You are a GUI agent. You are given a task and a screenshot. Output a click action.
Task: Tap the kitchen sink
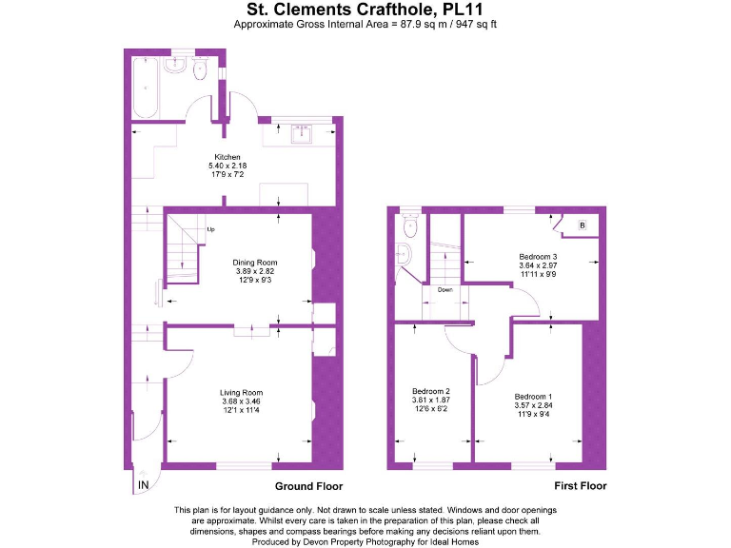pos(303,131)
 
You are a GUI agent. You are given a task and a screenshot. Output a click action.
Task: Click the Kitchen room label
pos(227,157)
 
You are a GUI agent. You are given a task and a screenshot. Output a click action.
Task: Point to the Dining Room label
pos(254,263)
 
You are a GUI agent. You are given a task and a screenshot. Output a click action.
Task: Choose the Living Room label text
pos(241,392)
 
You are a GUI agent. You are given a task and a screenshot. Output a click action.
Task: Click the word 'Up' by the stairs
pos(210,229)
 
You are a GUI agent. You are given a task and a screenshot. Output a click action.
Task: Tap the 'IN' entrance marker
pos(144,485)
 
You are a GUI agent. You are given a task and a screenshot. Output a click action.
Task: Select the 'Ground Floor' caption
pos(307,485)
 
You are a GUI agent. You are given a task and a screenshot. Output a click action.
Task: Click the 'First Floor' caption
pos(580,485)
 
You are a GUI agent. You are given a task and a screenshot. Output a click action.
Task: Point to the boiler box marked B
pos(582,225)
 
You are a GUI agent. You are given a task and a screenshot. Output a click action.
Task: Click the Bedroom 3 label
pos(538,257)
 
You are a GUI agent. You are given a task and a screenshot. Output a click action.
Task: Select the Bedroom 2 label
pos(430,391)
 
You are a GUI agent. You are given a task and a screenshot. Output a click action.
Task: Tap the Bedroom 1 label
pos(533,396)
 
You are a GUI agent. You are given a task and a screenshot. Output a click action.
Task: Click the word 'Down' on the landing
pos(445,289)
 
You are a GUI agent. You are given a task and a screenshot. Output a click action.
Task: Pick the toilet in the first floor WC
pos(410,225)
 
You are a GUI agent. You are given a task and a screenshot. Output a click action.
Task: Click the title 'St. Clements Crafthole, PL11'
pos(365,10)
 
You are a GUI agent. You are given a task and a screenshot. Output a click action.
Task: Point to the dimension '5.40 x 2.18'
pos(227,166)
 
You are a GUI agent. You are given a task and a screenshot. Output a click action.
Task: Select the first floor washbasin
pos(403,255)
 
